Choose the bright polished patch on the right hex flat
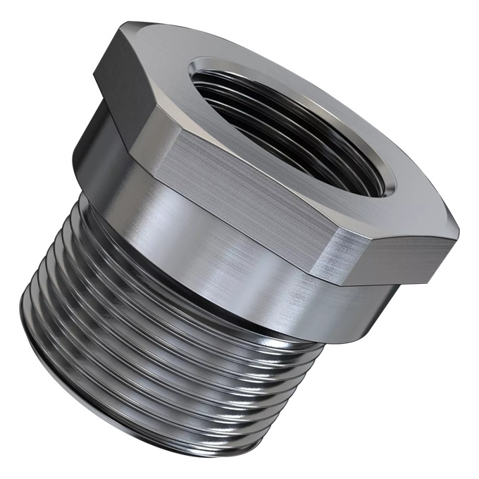click(x=345, y=254)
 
